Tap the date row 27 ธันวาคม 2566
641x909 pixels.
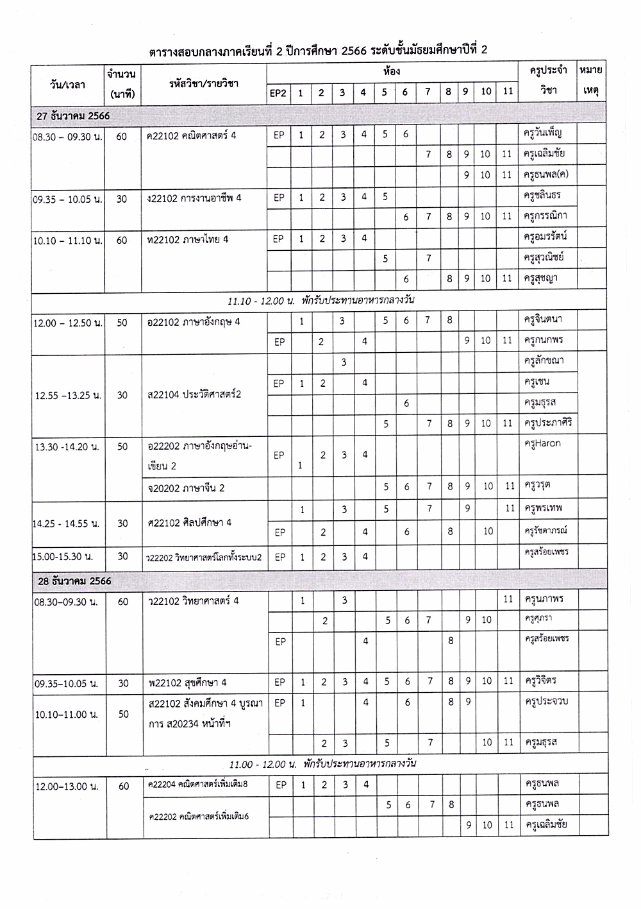coord(74,116)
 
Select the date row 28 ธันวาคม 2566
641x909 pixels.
coord(74,581)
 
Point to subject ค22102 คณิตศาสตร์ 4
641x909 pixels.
coord(192,135)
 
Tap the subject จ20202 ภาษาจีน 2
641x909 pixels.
coord(186,488)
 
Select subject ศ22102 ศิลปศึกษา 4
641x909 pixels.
coord(190,523)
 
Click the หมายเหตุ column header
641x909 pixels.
coord(591,81)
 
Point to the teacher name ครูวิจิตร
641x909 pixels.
coord(542,681)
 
